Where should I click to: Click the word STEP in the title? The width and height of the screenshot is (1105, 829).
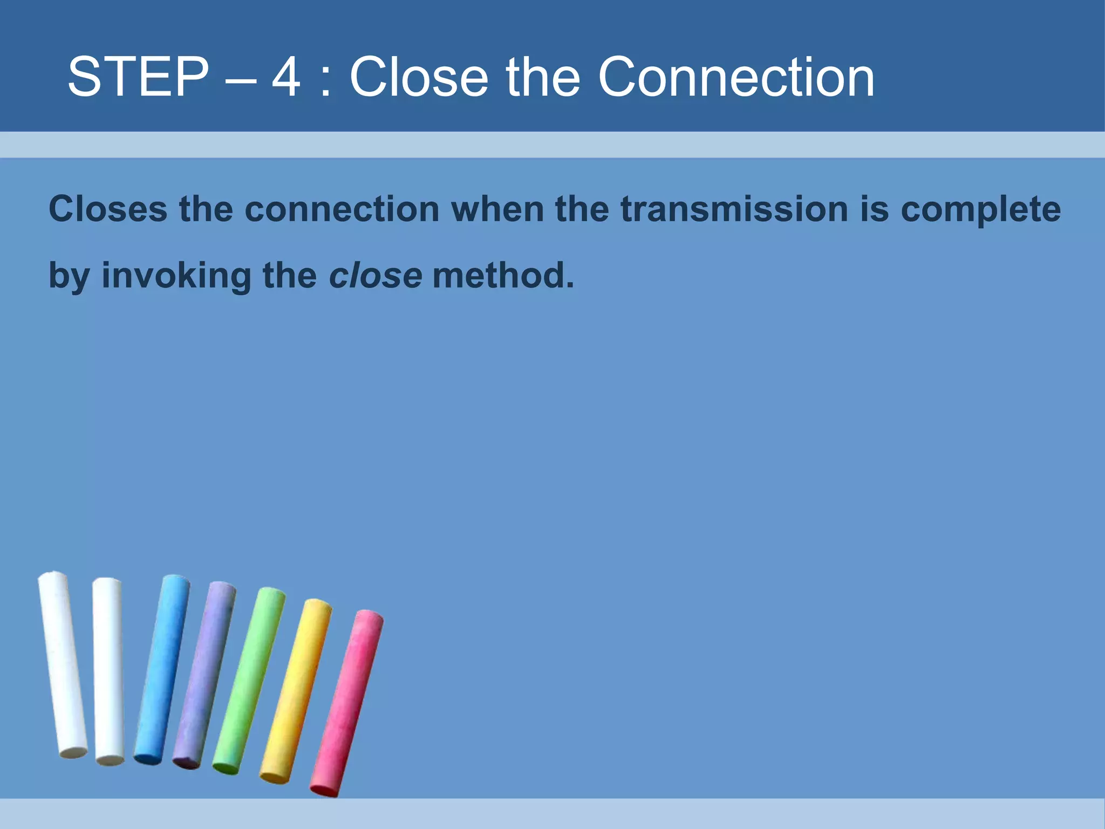tap(138, 77)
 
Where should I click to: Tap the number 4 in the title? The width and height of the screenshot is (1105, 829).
tap(285, 77)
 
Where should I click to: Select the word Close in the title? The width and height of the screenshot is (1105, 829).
tap(419, 77)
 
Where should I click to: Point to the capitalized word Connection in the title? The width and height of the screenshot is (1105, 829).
tap(736, 77)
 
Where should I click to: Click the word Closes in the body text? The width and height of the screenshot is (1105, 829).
tap(108, 209)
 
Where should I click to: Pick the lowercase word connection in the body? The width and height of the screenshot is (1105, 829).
tap(342, 209)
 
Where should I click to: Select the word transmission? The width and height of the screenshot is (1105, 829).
tap(734, 209)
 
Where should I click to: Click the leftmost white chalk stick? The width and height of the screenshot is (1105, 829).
tap(62, 664)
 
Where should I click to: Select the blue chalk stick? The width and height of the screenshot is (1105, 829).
tap(162, 669)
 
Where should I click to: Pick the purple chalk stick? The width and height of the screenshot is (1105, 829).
tap(204, 675)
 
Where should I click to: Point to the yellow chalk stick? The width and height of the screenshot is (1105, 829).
tap(296, 691)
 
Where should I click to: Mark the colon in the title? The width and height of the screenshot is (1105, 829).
tap(325, 81)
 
